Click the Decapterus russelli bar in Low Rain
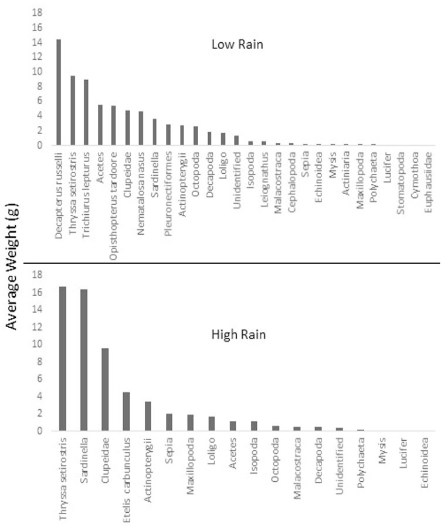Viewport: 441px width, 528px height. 59,92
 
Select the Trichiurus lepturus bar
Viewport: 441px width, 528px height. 86,112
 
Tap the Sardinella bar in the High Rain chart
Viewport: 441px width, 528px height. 84,360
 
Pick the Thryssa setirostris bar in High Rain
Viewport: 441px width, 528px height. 63,359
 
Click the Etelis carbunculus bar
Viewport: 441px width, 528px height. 126,412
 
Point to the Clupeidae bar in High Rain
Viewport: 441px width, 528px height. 106,390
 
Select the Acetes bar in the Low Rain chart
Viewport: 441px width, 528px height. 100,125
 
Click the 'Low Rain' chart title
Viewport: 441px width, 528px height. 237,44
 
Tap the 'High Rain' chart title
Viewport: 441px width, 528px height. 239,334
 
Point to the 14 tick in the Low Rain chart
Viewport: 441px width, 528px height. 37,42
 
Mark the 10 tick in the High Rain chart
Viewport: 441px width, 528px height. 37,344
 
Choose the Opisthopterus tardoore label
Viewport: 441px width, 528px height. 114,206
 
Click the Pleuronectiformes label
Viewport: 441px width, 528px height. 168,193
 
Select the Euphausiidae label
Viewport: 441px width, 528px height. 428,182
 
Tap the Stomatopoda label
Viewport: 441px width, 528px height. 401,183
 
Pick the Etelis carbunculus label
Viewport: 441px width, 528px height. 127,480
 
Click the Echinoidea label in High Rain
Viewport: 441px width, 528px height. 424,462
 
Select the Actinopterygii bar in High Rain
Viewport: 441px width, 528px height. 147,416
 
